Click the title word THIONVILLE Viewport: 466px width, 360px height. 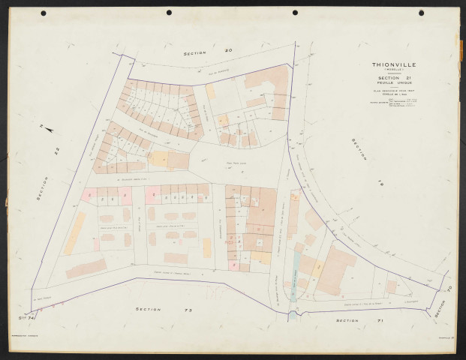click(398, 64)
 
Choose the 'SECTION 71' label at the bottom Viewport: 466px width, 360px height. click(347, 320)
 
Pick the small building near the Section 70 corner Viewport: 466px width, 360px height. click(391, 286)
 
